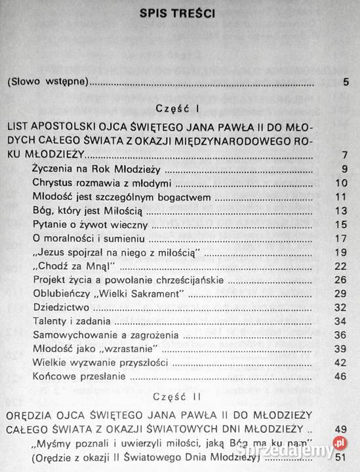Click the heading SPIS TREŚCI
(180, 14)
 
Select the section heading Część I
(180, 108)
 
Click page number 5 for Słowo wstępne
(345, 83)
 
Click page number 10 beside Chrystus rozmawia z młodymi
(340, 183)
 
